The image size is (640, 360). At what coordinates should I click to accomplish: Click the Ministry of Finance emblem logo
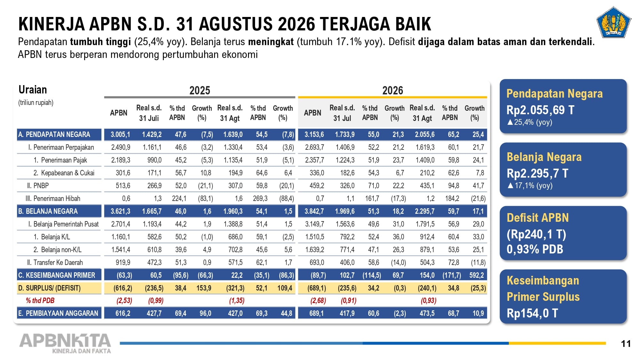[613, 22]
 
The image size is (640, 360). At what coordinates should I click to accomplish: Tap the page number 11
[626, 344]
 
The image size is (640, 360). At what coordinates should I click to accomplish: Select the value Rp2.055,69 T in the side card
[540, 110]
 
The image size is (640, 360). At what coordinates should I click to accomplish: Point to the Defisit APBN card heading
[538, 218]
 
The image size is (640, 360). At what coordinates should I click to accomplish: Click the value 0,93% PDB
[535, 249]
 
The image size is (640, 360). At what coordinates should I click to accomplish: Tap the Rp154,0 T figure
[532, 313]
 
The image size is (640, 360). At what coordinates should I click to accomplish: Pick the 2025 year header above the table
[200, 91]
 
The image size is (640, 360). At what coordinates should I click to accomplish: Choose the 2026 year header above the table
[393, 91]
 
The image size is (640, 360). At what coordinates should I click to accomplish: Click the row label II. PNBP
[38, 186]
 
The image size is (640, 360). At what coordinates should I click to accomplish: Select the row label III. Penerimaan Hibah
[53, 198]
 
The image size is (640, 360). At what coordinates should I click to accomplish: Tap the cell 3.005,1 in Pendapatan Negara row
[120, 134]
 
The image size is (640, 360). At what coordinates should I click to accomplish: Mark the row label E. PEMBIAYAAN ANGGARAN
[58, 313]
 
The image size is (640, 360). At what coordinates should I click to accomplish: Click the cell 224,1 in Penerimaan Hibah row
[179, 198]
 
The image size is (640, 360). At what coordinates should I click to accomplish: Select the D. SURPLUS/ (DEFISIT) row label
[49, 288]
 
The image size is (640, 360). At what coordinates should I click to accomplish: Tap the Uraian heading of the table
[33, 90]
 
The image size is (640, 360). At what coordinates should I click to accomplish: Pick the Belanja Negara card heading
[544, 157]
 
